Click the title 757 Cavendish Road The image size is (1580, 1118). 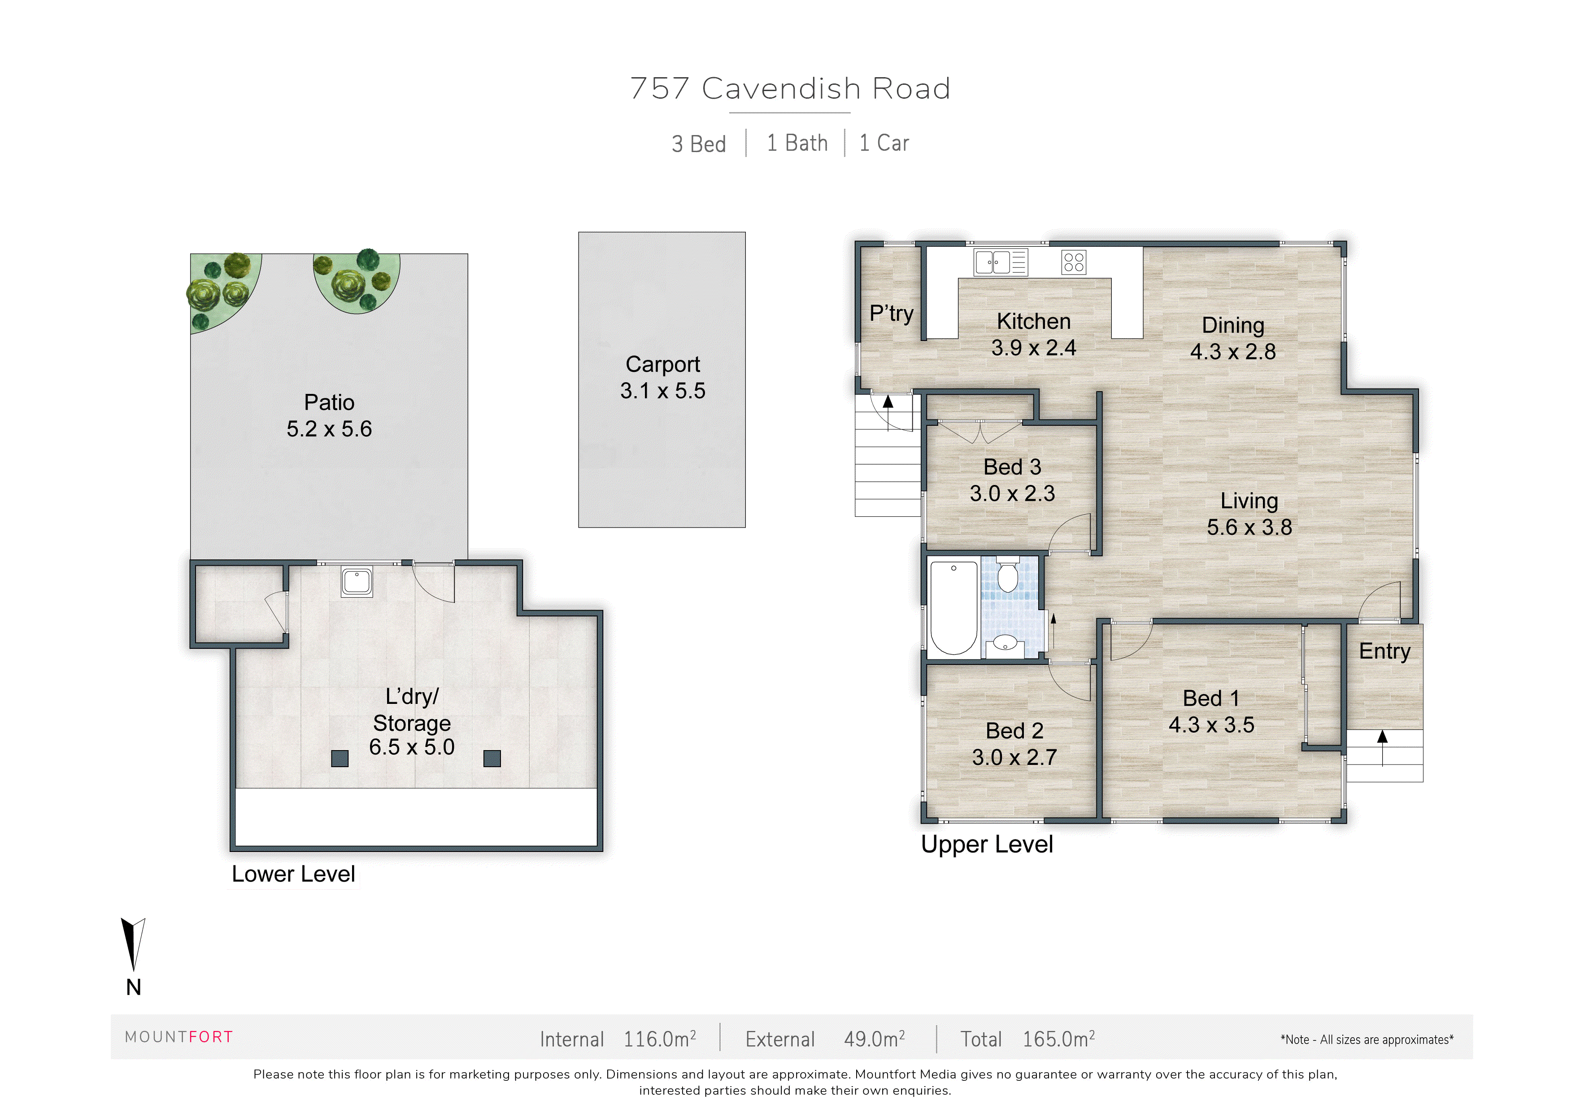[790, 89]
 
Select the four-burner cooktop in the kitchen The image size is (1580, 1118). [1074, 262]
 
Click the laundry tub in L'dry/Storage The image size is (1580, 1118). [357, 582]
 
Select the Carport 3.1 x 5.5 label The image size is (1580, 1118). [662, 377]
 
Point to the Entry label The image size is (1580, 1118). [1384, 651]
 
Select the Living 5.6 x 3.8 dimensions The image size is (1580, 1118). [1249, 527]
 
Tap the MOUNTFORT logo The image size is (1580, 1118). [179, 1037]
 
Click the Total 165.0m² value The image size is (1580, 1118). [1058, 1039]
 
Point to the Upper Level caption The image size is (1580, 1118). [987, 845]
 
